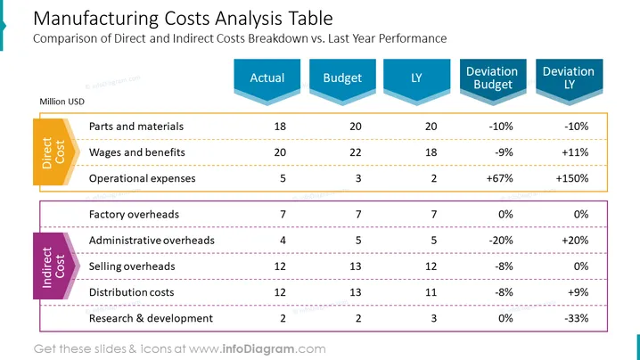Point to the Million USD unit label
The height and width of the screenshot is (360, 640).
(x=62, y=102)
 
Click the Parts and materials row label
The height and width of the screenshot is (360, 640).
(x=136, y=127)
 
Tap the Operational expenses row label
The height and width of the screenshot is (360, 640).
(x=142, y=178)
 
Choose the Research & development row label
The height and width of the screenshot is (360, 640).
(x=151, y=318)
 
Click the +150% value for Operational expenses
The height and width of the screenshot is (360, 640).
(x=572, y=178)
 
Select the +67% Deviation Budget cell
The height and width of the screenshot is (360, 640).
(x=499, y=178)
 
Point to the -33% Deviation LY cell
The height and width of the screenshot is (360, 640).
(x=577, y=318)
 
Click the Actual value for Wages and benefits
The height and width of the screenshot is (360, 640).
(x=280, y=152)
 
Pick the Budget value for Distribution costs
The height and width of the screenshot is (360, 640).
(x=356, y=292)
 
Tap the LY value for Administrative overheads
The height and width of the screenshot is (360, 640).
(x=434, y=241)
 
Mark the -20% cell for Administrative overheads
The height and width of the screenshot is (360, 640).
(x=501, y=241)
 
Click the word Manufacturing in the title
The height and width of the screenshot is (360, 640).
(x=96, y=19)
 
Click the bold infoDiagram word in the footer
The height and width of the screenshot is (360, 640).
(x=258, y=349)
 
